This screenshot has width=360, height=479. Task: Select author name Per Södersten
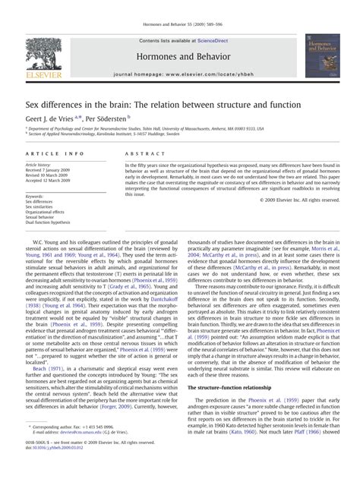(x=108, y=118)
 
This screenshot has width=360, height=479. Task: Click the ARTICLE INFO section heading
(x=50, y=153)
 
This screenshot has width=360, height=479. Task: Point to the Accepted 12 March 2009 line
(x=48, y=180)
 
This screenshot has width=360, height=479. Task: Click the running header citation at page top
(x=179, y=6)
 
